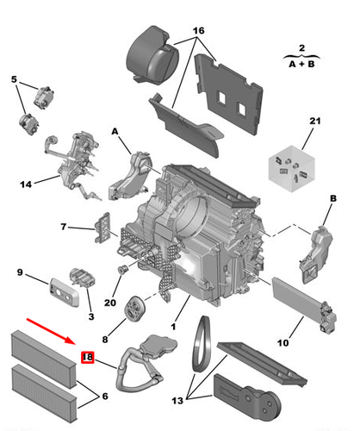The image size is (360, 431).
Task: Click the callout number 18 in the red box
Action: (87, 358)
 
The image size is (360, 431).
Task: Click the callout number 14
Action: (15, 80)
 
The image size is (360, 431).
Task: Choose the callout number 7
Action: (64, 227)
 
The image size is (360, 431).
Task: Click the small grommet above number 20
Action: (121, 272)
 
